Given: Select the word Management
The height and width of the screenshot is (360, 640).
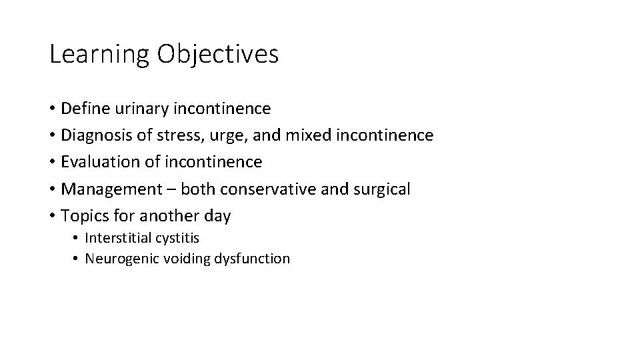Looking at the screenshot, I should (x=106, y=189).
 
